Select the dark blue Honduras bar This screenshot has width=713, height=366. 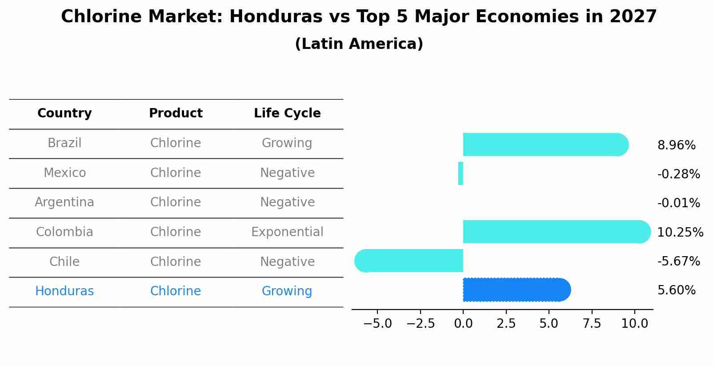click(516, 290)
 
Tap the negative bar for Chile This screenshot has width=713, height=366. click(409, 261)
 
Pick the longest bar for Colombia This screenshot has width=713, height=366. click(556, 232)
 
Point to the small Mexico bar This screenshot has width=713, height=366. click(461, 173)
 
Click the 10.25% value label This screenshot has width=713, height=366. click(680, 232)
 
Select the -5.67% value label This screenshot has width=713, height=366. click(678, 261)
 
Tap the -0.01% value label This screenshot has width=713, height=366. click(678, 203)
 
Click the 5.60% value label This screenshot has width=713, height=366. click(676, 290)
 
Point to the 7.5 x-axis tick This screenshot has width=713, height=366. click(592, 323)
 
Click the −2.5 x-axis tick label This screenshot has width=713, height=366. click(421, 323)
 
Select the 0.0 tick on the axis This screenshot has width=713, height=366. click(463, 323)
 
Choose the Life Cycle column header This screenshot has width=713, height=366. click(287, 113)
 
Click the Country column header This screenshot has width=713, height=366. click(64, 113)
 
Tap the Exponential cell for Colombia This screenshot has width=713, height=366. click(287, 232)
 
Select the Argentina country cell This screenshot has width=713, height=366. click(64, 202)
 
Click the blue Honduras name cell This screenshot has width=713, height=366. click(64, 291)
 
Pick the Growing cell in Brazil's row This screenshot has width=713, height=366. click(287, 143)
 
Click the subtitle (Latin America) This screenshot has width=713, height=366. click(359, 44)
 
